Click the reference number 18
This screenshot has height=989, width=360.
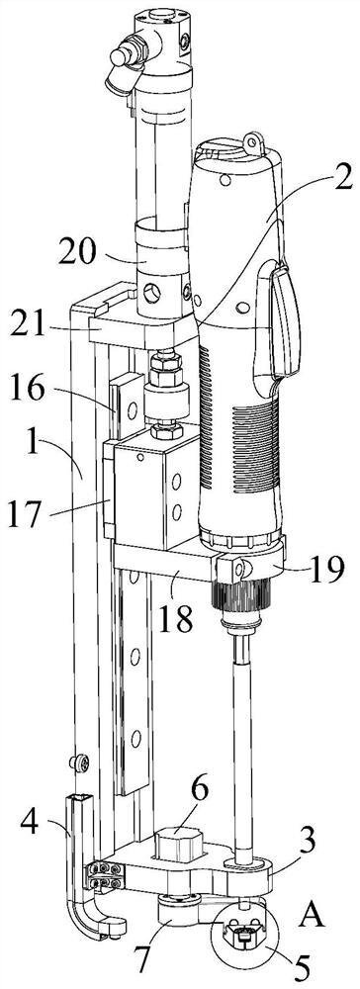tap(175, 618)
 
